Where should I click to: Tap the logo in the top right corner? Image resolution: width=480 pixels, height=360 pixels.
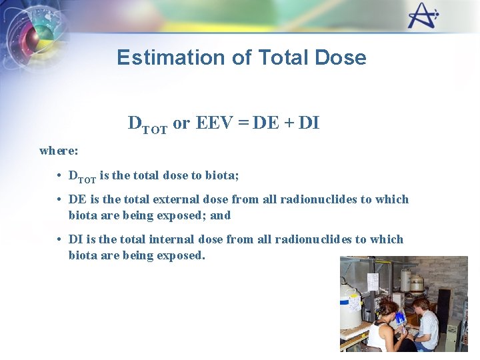[x=423, y=16]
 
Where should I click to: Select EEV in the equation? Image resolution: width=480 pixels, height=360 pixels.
[x=211, y=123]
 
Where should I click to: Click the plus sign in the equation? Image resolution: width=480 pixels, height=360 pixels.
[x=288, y=123]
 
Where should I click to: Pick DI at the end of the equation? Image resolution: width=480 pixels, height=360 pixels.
[x=309, y=123]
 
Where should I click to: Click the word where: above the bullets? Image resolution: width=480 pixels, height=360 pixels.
[x=59, y=150]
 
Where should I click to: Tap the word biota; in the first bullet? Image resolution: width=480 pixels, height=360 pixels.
[x=222, y=176]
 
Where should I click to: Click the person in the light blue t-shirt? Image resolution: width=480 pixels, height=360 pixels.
[x=425, y=325]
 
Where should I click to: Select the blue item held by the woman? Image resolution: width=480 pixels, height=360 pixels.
[x=400, y=319]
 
